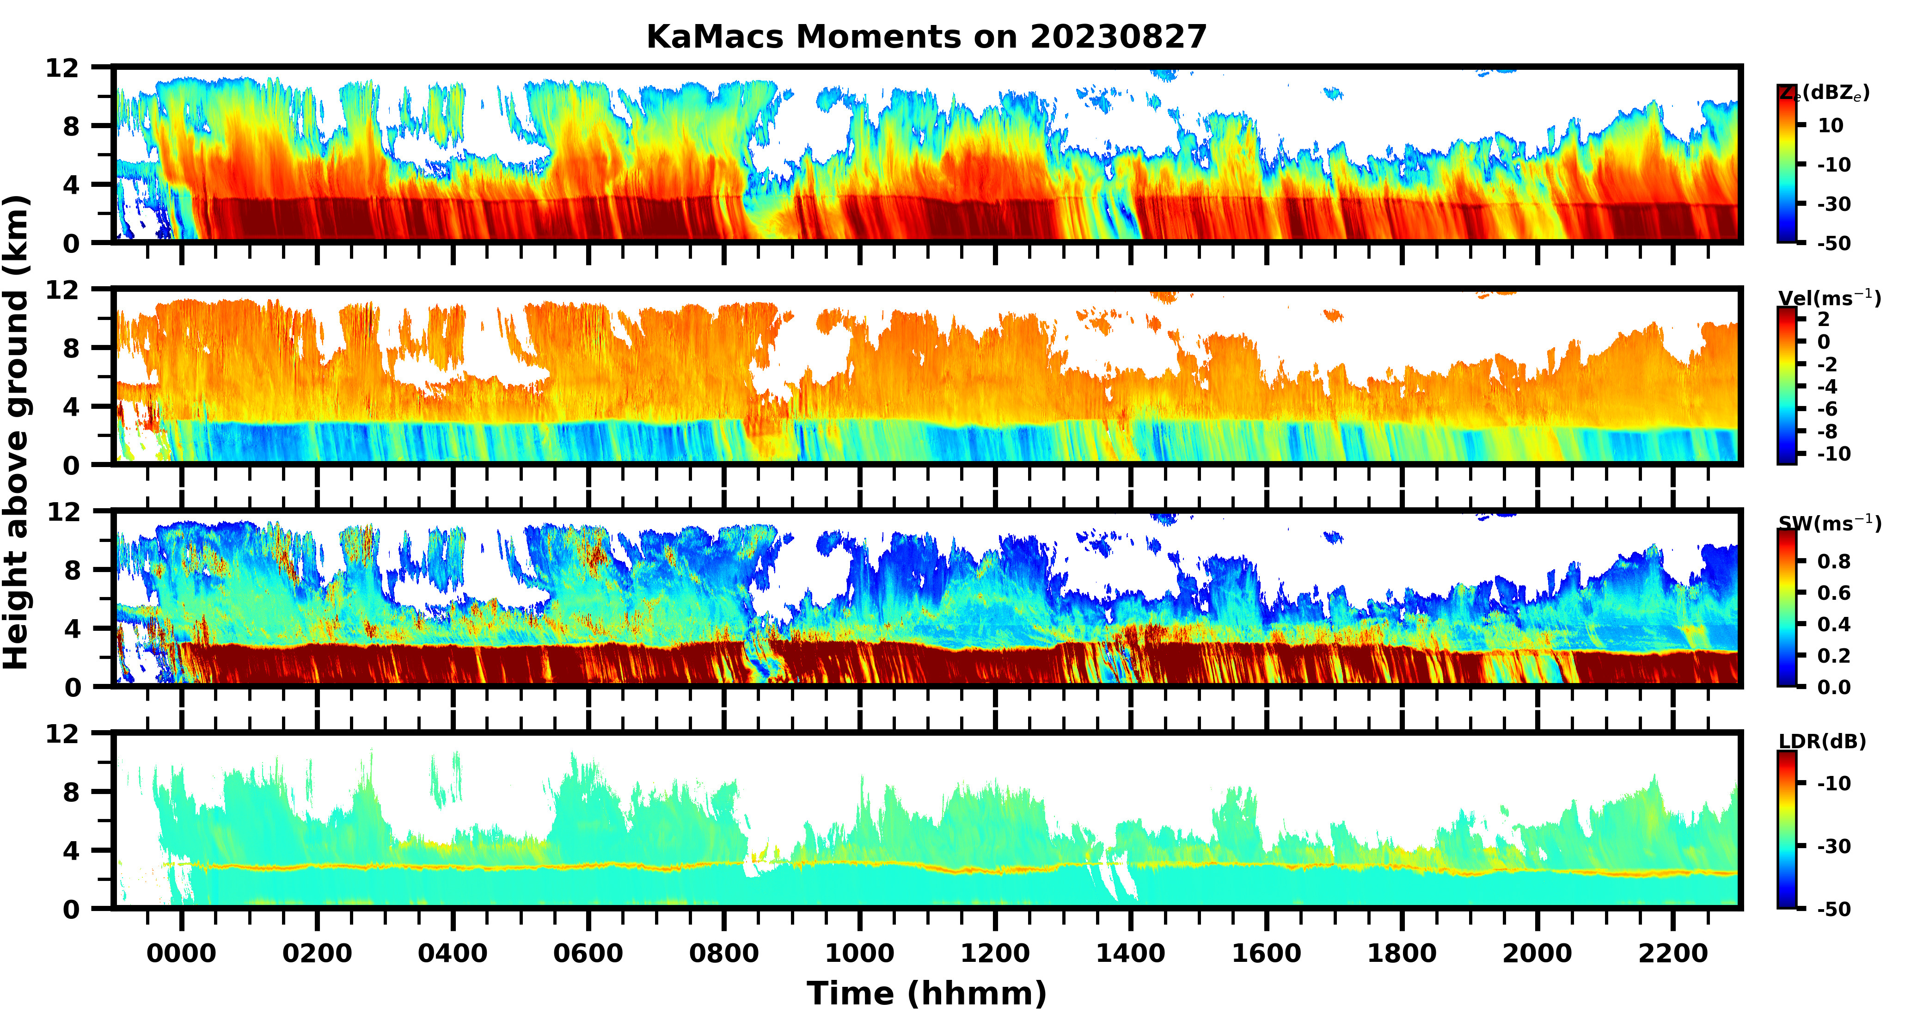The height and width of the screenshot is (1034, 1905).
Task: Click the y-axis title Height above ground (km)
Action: point(16,433)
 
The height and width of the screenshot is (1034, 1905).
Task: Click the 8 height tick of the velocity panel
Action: point(70,348)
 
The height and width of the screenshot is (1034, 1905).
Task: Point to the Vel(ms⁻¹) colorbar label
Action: point(1829,298)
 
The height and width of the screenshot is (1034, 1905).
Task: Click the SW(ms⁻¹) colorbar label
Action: point(1829,523)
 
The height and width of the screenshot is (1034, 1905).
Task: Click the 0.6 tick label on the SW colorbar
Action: point(1834,592)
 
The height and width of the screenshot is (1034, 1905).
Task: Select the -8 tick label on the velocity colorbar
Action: point(1834,431)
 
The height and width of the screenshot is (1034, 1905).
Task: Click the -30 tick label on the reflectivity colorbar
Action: point(1834,203)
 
